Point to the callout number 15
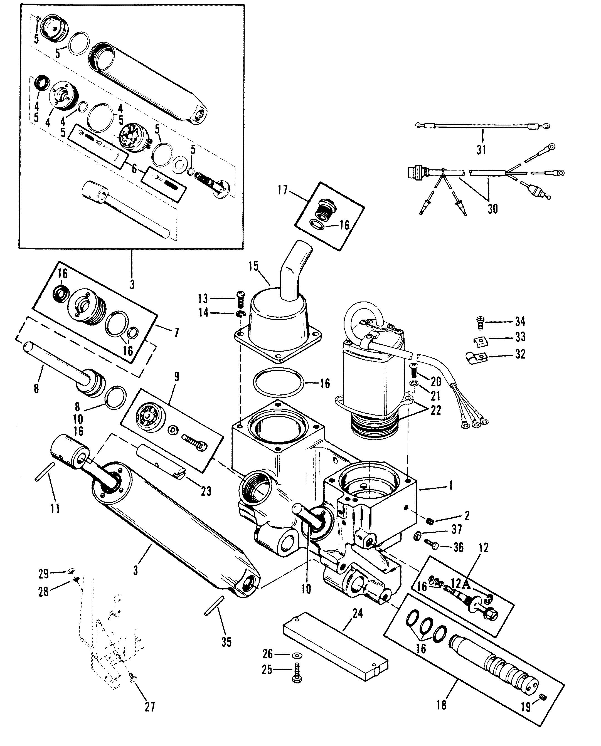coord(253,266)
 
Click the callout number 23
coord(206,491)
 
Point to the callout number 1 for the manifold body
coord(450,486)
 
